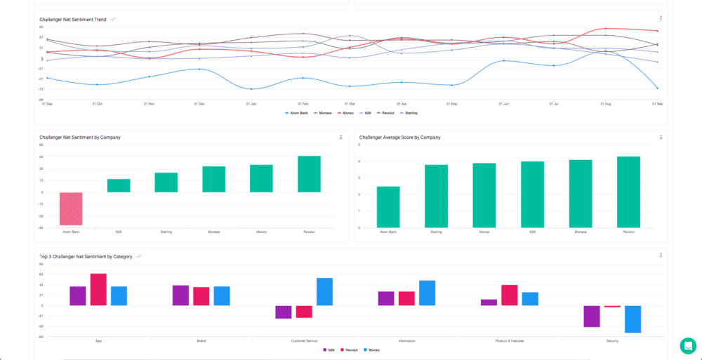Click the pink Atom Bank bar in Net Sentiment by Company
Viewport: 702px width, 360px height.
71,208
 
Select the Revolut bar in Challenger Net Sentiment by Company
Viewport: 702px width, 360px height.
309,174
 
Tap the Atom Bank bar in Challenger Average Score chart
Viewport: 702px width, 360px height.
388,207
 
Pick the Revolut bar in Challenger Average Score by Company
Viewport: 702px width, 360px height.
628,192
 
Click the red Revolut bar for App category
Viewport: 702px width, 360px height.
98,289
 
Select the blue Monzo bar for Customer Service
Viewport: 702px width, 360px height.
324,291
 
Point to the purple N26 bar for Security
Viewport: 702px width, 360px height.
592,316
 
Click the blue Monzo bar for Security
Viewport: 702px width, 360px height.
633,319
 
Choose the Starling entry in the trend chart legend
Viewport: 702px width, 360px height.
409,112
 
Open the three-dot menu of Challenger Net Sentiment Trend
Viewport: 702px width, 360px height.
661,18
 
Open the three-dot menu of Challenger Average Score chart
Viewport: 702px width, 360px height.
661,137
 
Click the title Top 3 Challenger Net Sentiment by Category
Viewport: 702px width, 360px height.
86,257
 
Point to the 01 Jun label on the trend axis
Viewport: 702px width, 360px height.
503,104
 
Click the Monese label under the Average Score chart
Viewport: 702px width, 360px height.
581,231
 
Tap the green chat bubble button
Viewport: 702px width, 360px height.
687,345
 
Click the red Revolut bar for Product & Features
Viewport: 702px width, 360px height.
509,295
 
